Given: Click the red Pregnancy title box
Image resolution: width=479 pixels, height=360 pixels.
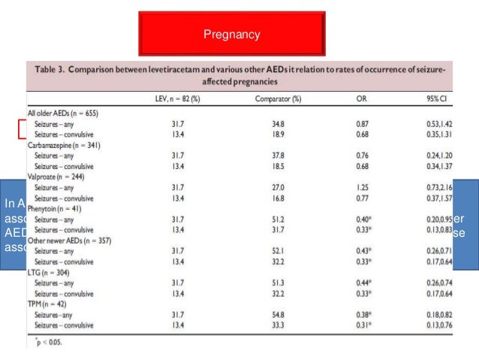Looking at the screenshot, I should [231, 35].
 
